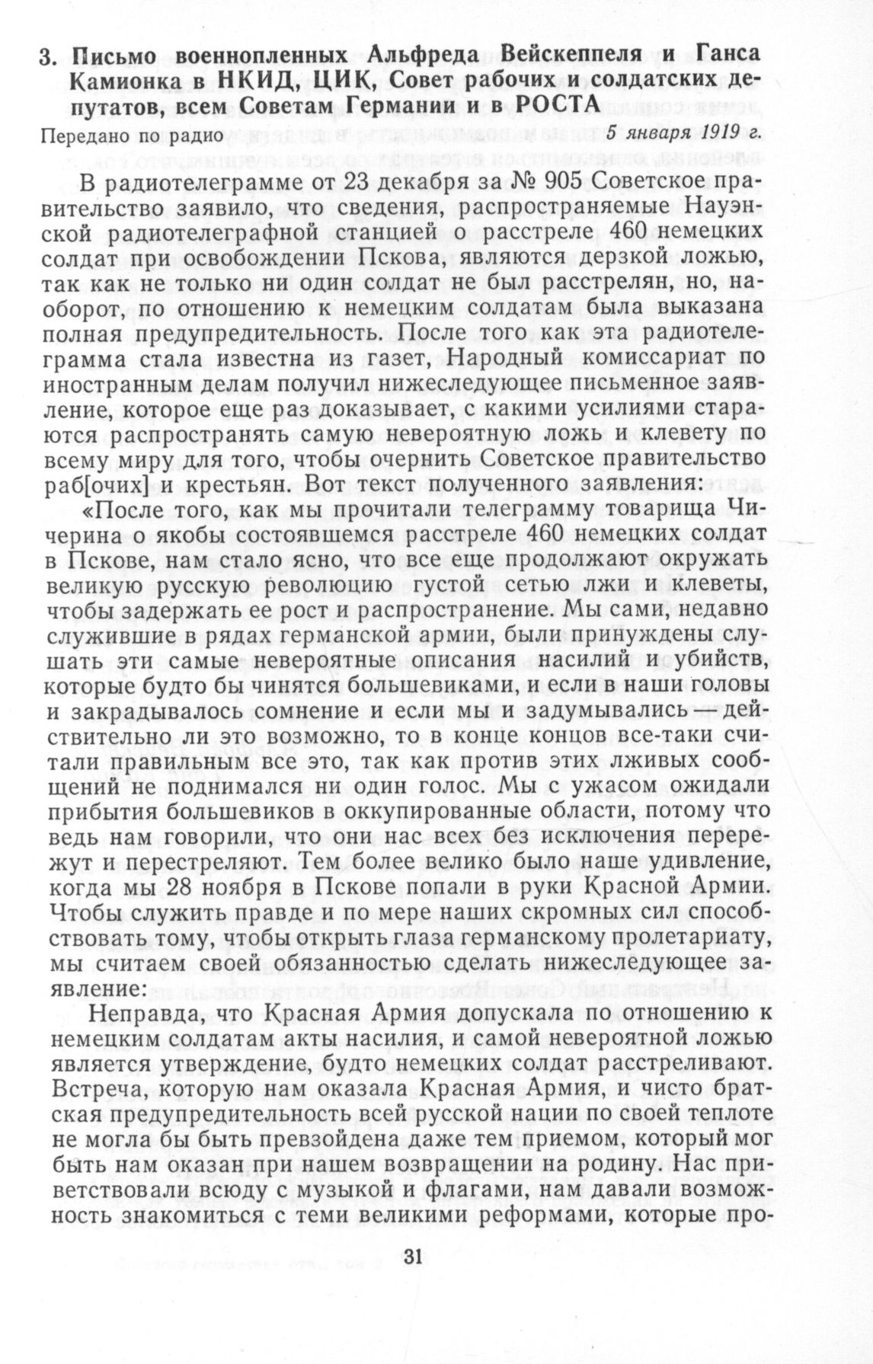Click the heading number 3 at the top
(x=47, y=56)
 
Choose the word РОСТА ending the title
(x=554, y=106)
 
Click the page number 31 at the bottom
(x=409, y=1257)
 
